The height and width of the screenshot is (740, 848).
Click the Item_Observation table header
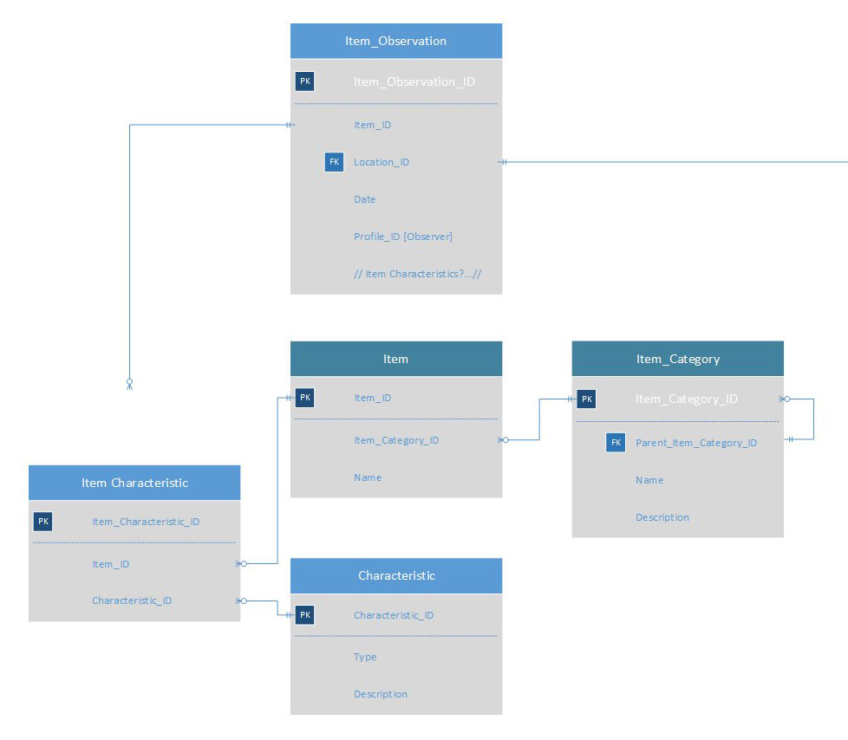(x=395, y=41)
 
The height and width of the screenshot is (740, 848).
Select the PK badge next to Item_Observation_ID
(x=304, y=81)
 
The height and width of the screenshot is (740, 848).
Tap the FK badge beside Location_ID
(x=334, y=162)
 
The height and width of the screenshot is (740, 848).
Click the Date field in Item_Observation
(x=364, y=199)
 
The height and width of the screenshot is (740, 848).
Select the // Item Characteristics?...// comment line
(x=417, y=274)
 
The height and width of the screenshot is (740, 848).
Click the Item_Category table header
(x=677, y=359)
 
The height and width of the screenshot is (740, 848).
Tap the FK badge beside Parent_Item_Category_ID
(x=616, y=443)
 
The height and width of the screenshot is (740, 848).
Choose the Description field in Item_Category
(x=662, y=517)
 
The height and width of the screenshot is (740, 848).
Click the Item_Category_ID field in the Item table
(x=395, y=440)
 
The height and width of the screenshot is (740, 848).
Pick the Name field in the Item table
(x=367, y=477)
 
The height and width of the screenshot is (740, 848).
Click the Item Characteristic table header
(x=134, y=483)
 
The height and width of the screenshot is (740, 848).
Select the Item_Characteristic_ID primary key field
(x=146, y=522)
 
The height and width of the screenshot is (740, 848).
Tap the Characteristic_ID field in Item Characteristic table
(x=132, y=600)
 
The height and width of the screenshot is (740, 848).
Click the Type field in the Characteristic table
(x=365, y=657)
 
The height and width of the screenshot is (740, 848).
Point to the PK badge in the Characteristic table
(x=304, y=615)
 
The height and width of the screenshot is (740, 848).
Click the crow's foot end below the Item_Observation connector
(x=129, y=383)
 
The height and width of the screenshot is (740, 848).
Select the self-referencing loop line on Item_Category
(x=813, y=419)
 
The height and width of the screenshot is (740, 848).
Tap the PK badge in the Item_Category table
(x=587, y=399)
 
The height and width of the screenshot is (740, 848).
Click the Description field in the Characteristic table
(x=380, y=694)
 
